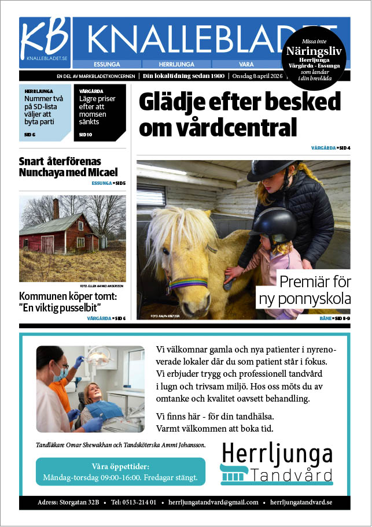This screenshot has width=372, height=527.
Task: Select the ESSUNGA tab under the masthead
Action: point(106,64)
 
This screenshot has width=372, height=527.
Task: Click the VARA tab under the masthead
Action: point(246,64)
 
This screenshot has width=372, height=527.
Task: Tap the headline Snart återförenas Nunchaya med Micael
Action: point(68,166)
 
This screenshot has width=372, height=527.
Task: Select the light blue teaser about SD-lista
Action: point(45,112)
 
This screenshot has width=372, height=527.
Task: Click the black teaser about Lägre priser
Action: point(100,112)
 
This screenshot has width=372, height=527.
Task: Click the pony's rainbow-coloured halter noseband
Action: point(188,283)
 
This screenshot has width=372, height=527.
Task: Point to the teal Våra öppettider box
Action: point(120,472)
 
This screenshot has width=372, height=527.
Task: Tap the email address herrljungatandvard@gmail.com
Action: point(213,502)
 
